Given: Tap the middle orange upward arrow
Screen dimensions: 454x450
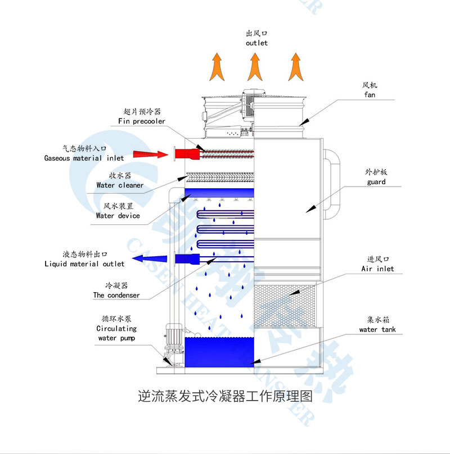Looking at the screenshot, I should point(254,66).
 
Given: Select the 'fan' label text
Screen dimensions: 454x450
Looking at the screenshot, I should point(370,95).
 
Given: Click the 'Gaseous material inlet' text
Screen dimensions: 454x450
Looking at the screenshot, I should point(84,158).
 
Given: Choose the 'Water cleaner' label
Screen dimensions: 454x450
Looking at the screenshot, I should point(120,185).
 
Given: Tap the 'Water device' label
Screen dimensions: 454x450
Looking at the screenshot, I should point(118,215).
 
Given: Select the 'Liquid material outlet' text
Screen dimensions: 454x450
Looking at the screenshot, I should point(84,264).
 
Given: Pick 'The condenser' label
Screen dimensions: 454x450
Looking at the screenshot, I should point(116,295).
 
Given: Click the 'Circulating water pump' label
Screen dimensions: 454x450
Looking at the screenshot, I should point(116,333).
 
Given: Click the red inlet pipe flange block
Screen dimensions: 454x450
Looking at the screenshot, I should point(184,153).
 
